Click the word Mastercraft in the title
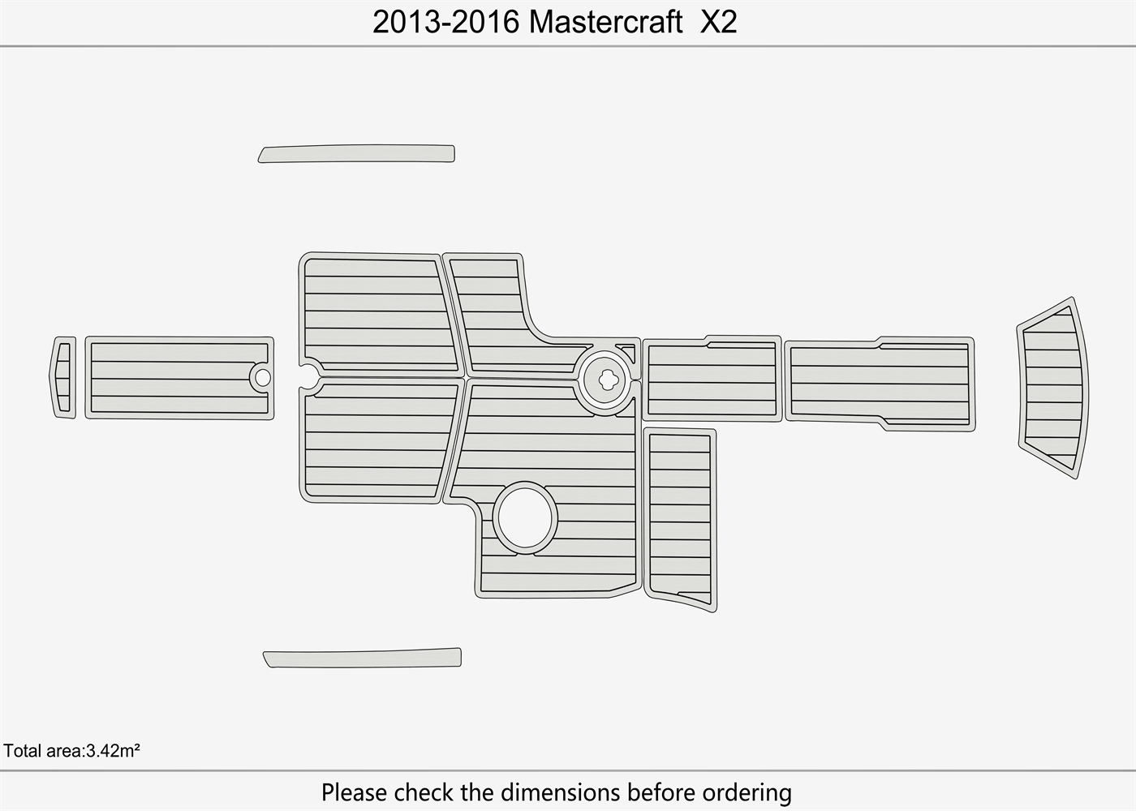pos(605,23)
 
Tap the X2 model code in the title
pos(718,23)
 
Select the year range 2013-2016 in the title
pos(445,23)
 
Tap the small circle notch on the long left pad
pos(261,377)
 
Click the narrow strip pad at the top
pos(357,153)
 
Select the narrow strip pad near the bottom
pos(363,658)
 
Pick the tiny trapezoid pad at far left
pos(64,377)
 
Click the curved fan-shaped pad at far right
pos(1053,388)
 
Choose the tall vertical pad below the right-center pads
pos(680,519)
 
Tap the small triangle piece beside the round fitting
pos(627,352)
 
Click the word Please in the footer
pos(355,792)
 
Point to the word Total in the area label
pos(22,751)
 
